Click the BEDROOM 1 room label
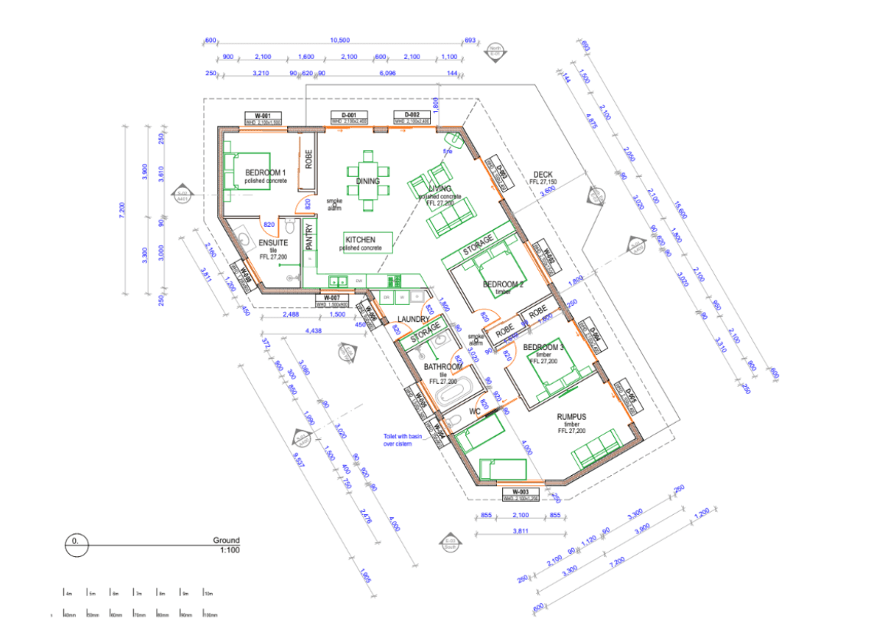(265, 172)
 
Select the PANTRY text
(309, 237)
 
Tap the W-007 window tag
(331, 297)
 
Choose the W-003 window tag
(521, 491)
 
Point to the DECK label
(543, 175)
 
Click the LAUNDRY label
(413, 319)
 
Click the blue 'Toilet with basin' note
(403, 439)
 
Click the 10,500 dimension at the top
(340, 41)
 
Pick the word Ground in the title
(226, 540)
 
